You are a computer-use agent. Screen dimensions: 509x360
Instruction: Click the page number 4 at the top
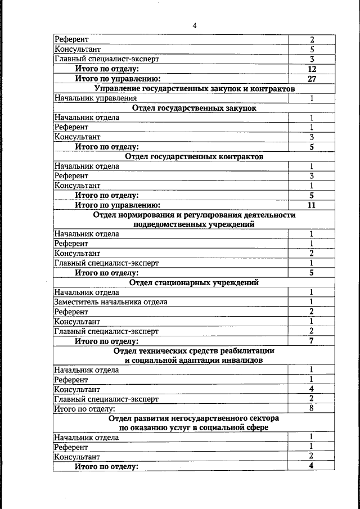(194, 25)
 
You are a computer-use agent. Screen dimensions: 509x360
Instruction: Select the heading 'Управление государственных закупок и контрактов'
(194, 89)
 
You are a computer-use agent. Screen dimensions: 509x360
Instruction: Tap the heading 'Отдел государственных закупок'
(194, 108)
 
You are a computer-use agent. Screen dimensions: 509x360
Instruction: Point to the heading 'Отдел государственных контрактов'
(194, 157)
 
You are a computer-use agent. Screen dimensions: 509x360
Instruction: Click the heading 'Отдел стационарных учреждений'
(194, 282)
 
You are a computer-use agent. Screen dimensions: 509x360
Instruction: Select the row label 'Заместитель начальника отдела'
(111, 302)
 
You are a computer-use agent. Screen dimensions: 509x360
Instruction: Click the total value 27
(312, 79)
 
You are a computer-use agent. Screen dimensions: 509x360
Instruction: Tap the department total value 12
(312, 69)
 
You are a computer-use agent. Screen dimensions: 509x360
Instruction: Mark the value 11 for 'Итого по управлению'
(312, 205)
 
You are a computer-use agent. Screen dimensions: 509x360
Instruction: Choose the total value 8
(312, 408)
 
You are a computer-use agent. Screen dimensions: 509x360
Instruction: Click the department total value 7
(312, 341)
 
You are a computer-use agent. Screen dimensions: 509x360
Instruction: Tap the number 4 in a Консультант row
(312, 389)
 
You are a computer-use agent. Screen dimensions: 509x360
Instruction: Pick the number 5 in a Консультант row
(312, 49)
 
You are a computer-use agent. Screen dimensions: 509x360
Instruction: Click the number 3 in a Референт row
(312, 176)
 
